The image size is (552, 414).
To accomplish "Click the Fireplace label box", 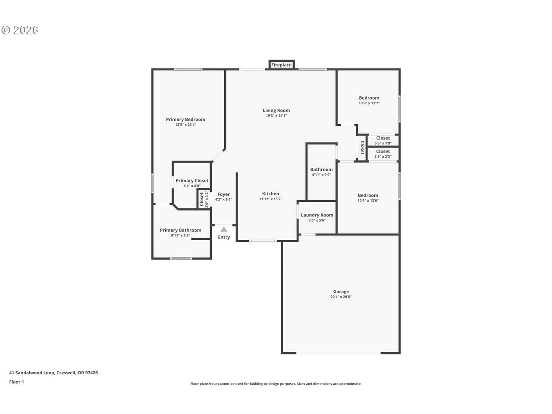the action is click(x=282, y=65).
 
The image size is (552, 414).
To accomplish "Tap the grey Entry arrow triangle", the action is click(x=224, y=229).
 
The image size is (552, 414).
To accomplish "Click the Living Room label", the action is click(x=276, y=110).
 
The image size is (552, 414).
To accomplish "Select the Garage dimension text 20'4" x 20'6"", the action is click(x=341, y=297).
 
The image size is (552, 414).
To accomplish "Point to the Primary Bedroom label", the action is click(x=185, y=119).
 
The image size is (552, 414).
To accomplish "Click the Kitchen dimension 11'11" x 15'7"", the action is click(x=270, y=199).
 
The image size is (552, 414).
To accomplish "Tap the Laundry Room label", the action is click(x=317, y=215).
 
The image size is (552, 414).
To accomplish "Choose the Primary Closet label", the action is click(x=192, y=181).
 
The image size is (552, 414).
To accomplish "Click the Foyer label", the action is click(x=223, y=194).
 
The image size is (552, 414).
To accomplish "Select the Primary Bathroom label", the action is click(x=180, y=230).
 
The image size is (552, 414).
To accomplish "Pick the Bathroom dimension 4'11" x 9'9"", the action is click(x=321, y=175).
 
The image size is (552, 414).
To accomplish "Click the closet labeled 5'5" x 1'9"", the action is click(x=383, y=141).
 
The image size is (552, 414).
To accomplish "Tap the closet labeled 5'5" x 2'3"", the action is click(x=383, y=154).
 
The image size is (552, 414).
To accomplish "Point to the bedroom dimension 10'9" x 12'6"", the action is click(x=368, y=201).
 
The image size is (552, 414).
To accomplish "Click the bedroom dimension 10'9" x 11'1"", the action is click(x=369, y=103).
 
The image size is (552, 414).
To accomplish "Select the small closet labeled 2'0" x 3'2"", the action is click(x=204, y=199).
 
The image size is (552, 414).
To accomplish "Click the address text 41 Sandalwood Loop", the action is click(x=31, y=373).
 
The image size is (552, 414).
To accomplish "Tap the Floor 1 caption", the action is click(x=16, y=382).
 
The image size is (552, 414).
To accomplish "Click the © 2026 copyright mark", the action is click(x=19, y=30).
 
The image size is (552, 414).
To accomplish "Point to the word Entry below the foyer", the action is click(x=223, y=237).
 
